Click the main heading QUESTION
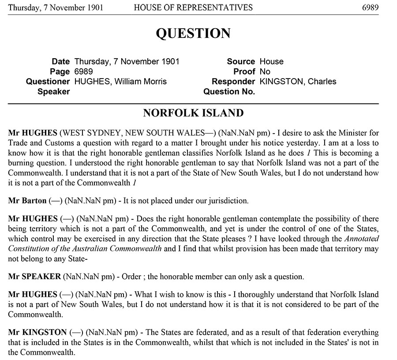[193, 34]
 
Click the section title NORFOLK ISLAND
[193, 113]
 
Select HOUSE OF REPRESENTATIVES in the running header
[193, 7]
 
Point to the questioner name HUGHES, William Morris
[120, 82]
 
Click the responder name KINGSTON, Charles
[298, 82]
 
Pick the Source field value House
[271, 61]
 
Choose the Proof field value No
[265, 71]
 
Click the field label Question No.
[229, 92]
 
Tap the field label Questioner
[48, 82]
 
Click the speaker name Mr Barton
[27, 201]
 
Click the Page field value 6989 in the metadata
[84, 71]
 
